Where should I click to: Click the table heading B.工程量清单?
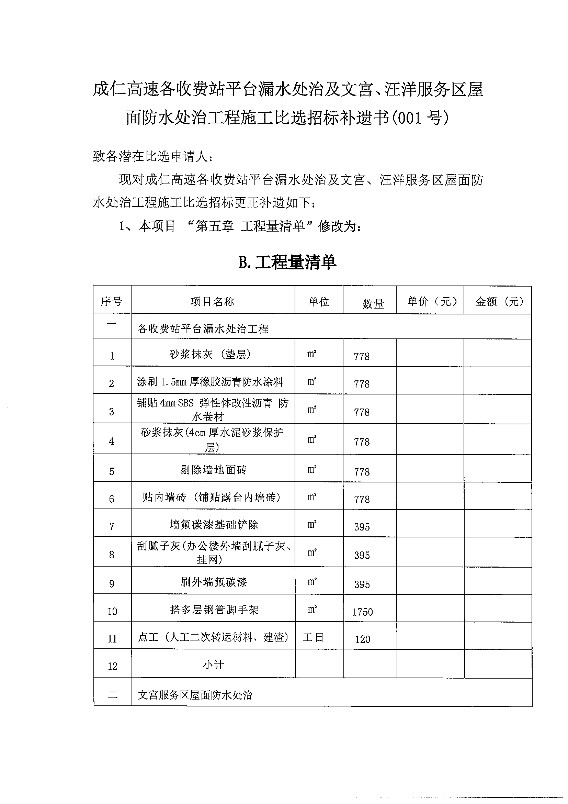[287, 262]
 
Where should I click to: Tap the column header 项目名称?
[213, 302]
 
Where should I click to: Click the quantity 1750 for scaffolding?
[363, 612]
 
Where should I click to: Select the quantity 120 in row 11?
[363, 639]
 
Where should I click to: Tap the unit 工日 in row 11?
[313, 637]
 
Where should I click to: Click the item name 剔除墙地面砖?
[213, 469]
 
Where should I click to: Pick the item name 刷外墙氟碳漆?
[214, 582]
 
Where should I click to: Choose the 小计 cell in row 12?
[213, 664]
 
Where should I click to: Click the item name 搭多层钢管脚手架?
[214, 610]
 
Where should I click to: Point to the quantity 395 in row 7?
[362, 527]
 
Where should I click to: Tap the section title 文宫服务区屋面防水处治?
[195, 695]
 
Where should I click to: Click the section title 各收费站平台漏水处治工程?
[203, 328]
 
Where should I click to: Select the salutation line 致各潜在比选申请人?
[152, 156]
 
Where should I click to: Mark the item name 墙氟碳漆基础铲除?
[214, 524]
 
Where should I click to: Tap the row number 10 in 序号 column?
[112, 612]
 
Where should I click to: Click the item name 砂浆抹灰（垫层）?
[210, 354]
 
